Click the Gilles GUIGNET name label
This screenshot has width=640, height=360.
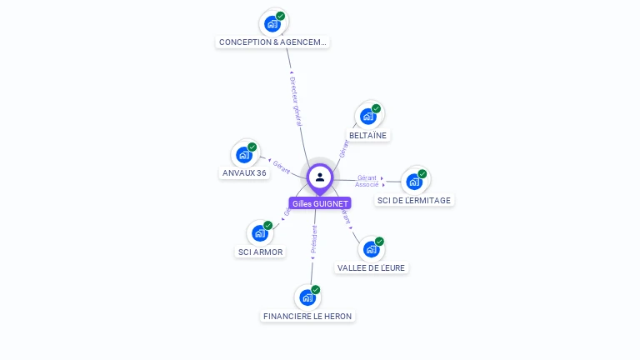pyautogui.click(x=320, y=203)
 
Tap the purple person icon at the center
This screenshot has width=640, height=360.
pyautogui.click(x=320, y=177)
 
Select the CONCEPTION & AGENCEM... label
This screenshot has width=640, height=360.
pyautogui.click(x=272, y=42)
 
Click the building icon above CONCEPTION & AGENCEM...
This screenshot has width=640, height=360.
pyautogui.click(x=272, y=23)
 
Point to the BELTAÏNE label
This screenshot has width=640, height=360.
pyautogui.click(x=368, y=135)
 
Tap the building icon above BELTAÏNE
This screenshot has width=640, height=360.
pyautogui.click(x=367, y=116)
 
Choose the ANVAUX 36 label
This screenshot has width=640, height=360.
pyautogui.click(x=244, y=173)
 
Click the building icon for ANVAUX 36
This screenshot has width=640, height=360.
pyautogui.click(x=244, y=154)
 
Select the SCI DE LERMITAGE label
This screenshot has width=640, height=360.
pyautogui.click(x=414, y=200)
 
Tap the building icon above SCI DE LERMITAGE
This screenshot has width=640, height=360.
pyautogui.click(x=414, y=181)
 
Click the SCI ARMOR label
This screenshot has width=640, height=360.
pyautogui.click(x=260, y=252)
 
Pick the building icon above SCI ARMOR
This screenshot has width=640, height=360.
pyautogui.click(x=260, y=232)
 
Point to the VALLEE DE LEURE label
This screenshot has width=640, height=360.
pyautogui.click(x=372, y=267)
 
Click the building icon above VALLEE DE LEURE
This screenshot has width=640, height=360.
pyautogui.click(x=371, y=248)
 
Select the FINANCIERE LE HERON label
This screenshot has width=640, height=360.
pyautogui.click(x=307, y=316)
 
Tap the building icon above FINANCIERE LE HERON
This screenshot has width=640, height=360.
pyautogui.click(x=307, y=297)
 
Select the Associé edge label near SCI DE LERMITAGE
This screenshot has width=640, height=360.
pyautogui.click(x=367, y=184)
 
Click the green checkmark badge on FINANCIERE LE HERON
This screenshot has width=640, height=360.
pyautogui.click(x=316, y=290)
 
